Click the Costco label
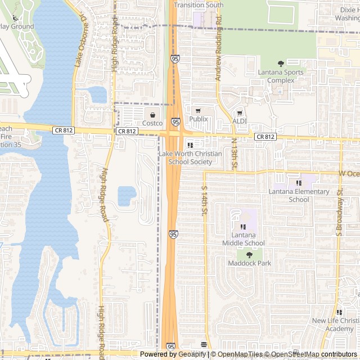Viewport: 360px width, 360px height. pos(152,123)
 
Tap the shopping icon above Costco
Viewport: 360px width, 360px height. pos(152,115)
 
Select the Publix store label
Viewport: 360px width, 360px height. pos(198,119)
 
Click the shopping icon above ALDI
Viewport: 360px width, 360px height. pos(239,112)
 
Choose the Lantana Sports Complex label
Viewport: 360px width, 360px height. pos(281,76)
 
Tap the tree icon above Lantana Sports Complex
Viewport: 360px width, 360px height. pos(281,64)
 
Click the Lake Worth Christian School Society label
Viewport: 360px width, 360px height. pos(190,158)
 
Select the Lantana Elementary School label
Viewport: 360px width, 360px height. pos(299,195)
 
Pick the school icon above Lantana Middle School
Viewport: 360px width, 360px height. pos(243,226)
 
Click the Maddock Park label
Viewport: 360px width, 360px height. pos(249,263)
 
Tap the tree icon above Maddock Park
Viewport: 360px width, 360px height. pos(249,255)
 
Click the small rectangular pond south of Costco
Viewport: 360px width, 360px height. pos(127,196)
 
